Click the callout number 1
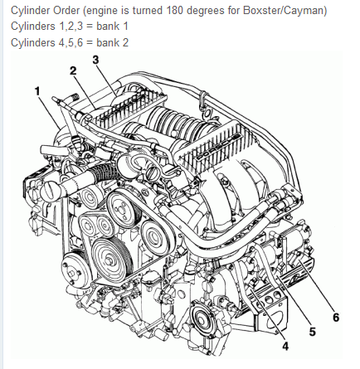pyautogui.click(x=37, y=91)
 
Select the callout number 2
pyautogui.click(x=73, y=71)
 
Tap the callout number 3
pyautogui.click(x=95, y=60)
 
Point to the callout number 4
pyautogui.click(x=285, y=346)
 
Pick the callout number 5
pyautogui.click(x=312, y=332)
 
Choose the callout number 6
pyautogui.click(x=336, y=318)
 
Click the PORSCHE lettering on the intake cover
pyautogui.click(x=218, y=147)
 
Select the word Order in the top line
pyautogui.click(x=66, y=11)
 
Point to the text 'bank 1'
pyautogui.click(x=112, y=27)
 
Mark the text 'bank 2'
pyautogui.click(x=112, y=42)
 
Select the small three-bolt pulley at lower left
pyautogui.click(x=73, y=271)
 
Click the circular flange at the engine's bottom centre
pyautogui.click(x=202, y=318)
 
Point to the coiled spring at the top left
pyautogui.click(x=73, y=97)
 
